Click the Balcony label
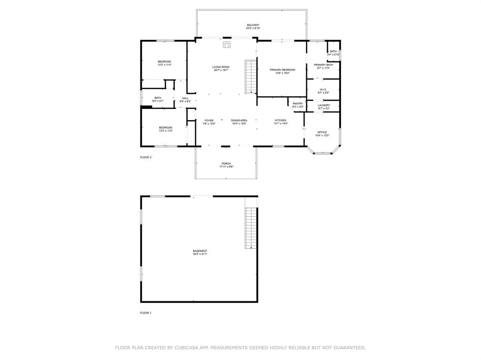tap(253, 25)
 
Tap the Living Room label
tap(221, 67)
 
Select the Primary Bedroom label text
tap(282, 70)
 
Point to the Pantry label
tap(298, 104)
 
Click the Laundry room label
tap(324, 105)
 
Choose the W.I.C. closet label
tap(324, 90)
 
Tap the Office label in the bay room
tap(322, 132)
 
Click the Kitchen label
tap(280, 121)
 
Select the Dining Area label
tap(239, 121)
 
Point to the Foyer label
tap(209, 121)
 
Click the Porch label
tap(226, 164)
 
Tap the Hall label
tap(185, 98)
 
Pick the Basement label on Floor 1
tap(200, 251)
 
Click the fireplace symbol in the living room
tap(227, 45)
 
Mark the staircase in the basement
tap(251, 228)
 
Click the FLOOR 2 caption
tap(146, 157)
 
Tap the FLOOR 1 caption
tap(146, 313)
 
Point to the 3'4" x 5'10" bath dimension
tap(334, 54)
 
